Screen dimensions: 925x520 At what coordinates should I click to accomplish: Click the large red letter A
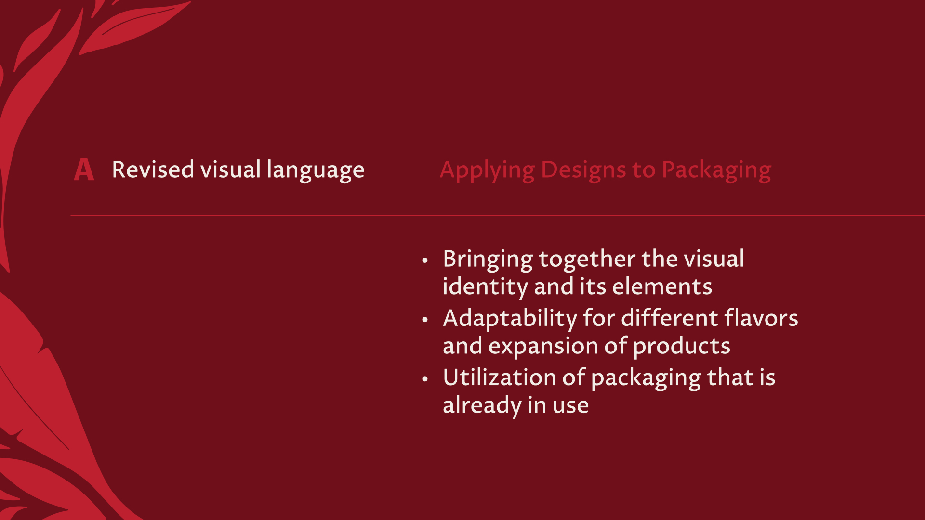point(84,170)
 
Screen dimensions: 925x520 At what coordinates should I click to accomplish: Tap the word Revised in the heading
point(153,169)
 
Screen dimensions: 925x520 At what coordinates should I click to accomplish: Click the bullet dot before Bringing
point(424,260)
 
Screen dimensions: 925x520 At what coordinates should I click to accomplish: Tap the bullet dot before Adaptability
point(424,320)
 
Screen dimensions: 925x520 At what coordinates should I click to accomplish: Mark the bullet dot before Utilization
point(424,379)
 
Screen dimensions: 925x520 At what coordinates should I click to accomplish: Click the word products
point(682,347)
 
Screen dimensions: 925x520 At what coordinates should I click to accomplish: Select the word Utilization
point(500,377)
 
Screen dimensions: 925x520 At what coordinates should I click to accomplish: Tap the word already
point(482,406)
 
